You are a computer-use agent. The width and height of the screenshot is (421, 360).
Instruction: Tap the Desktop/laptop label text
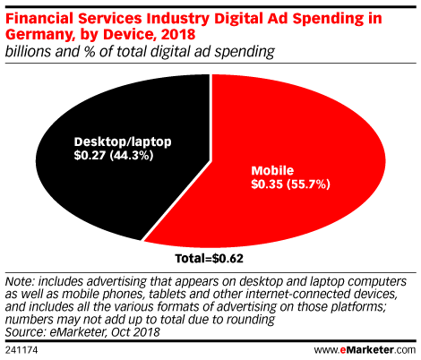[123, 142]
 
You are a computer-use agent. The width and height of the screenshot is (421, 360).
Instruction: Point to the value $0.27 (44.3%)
[114, 156]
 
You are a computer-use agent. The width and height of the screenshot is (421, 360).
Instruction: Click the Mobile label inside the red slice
[272, 170]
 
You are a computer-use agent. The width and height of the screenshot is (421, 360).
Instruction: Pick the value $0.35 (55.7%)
[291, 184]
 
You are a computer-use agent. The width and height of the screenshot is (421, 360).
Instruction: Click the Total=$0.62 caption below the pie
[210, 259]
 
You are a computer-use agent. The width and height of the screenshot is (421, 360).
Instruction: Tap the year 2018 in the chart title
[178, 34]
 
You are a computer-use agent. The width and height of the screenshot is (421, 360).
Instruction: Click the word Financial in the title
[39, 18]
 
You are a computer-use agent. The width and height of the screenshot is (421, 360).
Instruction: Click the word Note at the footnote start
[19, 281]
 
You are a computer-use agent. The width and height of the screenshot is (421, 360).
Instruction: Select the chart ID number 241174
[21, 350]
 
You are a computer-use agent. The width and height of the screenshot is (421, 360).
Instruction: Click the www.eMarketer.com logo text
[365, 349]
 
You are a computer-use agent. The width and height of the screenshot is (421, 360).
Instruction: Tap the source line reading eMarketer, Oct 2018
[105, 332]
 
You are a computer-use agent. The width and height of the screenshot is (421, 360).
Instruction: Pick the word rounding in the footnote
[251, 320]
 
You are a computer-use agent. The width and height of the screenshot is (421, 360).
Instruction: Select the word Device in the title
[128, 34]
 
